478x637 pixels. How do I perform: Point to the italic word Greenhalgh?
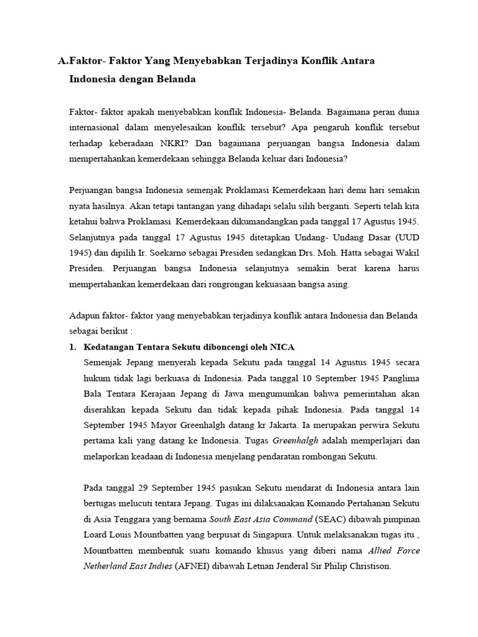click(296, 441)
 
